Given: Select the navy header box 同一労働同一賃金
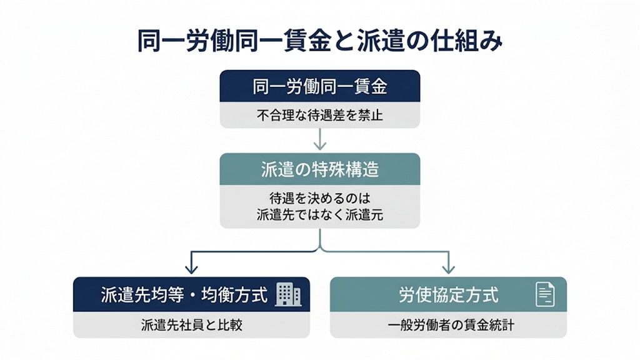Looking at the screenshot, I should (x=319, y=87).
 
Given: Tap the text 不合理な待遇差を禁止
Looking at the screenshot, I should (x=319, y=116).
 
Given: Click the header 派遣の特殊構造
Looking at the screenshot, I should (x=319, y=169).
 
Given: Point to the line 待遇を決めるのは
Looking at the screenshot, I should (x=319, y=198).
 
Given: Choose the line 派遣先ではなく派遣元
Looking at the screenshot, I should (x=319, y=214).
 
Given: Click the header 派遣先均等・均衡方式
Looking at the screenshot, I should (x=184, y=294).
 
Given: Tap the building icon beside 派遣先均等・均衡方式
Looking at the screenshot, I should (x=288, y=294).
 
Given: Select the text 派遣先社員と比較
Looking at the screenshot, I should (x=191, y=325).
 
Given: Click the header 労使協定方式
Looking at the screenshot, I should (x=448, y=294).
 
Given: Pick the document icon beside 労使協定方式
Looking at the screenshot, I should (x=545, y=294).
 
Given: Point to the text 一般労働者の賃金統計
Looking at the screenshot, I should (x=448, y=325).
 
